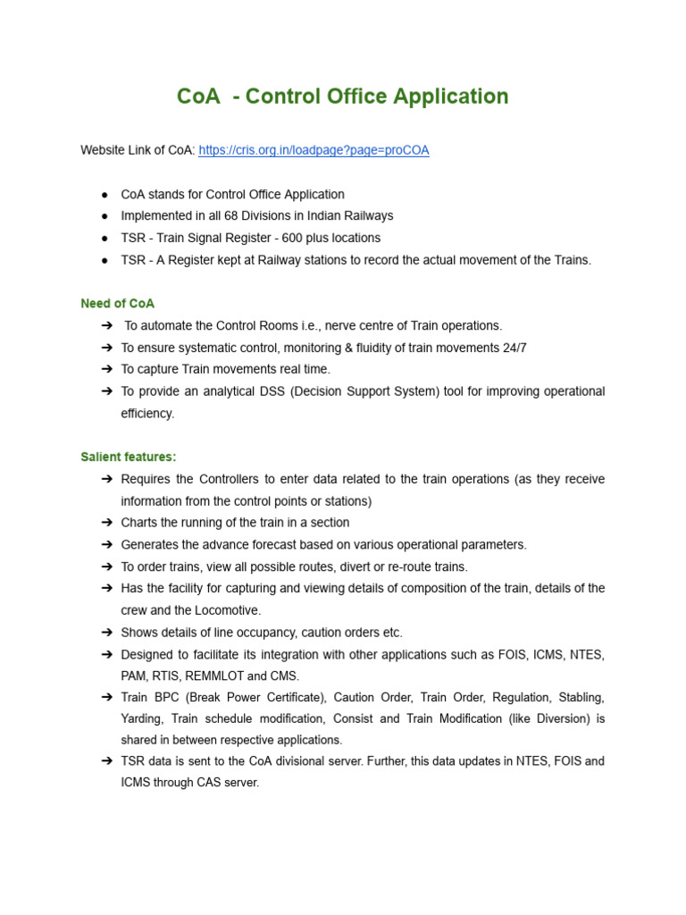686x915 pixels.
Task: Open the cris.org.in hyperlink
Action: coord(314,150)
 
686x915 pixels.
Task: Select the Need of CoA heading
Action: coord(117,304)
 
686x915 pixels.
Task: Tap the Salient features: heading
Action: coord(129,457)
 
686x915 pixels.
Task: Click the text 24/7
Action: coord(514,348)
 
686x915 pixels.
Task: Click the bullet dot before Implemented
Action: coord(105,216)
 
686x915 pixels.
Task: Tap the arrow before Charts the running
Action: coord(106,523)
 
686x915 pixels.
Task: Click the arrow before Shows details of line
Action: coord(106,633)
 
